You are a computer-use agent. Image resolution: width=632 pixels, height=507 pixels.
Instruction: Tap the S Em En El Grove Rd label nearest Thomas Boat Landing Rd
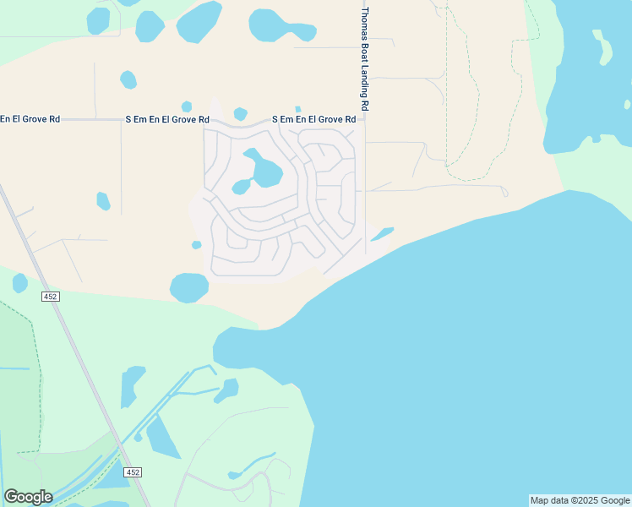point(313,120)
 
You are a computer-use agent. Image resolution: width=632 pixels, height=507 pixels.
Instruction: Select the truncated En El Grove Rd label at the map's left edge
point(30,119)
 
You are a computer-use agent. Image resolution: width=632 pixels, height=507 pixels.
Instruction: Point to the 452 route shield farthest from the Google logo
point(50,296)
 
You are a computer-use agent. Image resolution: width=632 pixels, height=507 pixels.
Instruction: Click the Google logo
point(28,497)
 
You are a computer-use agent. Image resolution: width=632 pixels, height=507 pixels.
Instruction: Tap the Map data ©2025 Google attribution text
point(580,500)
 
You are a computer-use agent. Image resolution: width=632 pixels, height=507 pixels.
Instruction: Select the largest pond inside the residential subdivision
point(265,169)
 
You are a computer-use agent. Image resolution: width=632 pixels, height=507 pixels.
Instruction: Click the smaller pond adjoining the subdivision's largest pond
point(241,186)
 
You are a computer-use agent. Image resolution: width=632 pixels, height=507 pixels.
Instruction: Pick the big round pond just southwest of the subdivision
point(189,287)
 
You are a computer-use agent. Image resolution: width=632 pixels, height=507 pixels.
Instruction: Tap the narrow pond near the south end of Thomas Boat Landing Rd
point(382,233)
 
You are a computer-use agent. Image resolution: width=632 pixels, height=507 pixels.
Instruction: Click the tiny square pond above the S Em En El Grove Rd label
point(297,109)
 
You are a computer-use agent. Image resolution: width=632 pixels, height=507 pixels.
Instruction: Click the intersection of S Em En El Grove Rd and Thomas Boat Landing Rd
point(364,120)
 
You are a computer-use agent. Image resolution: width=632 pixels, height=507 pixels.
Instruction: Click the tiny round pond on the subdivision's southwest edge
point(196,245)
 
